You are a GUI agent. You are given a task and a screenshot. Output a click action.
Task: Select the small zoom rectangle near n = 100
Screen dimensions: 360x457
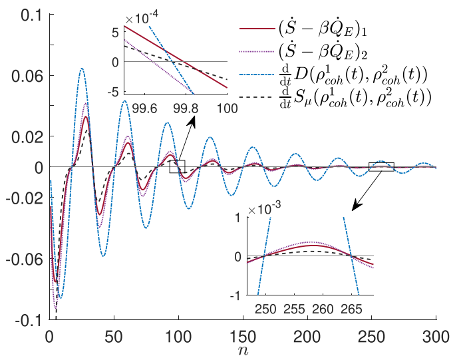coord(177,166)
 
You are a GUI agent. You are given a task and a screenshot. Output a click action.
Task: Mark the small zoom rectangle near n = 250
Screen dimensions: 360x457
coord(381,166)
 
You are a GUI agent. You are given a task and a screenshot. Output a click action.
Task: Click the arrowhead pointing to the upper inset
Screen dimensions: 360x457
coord(194,122)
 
